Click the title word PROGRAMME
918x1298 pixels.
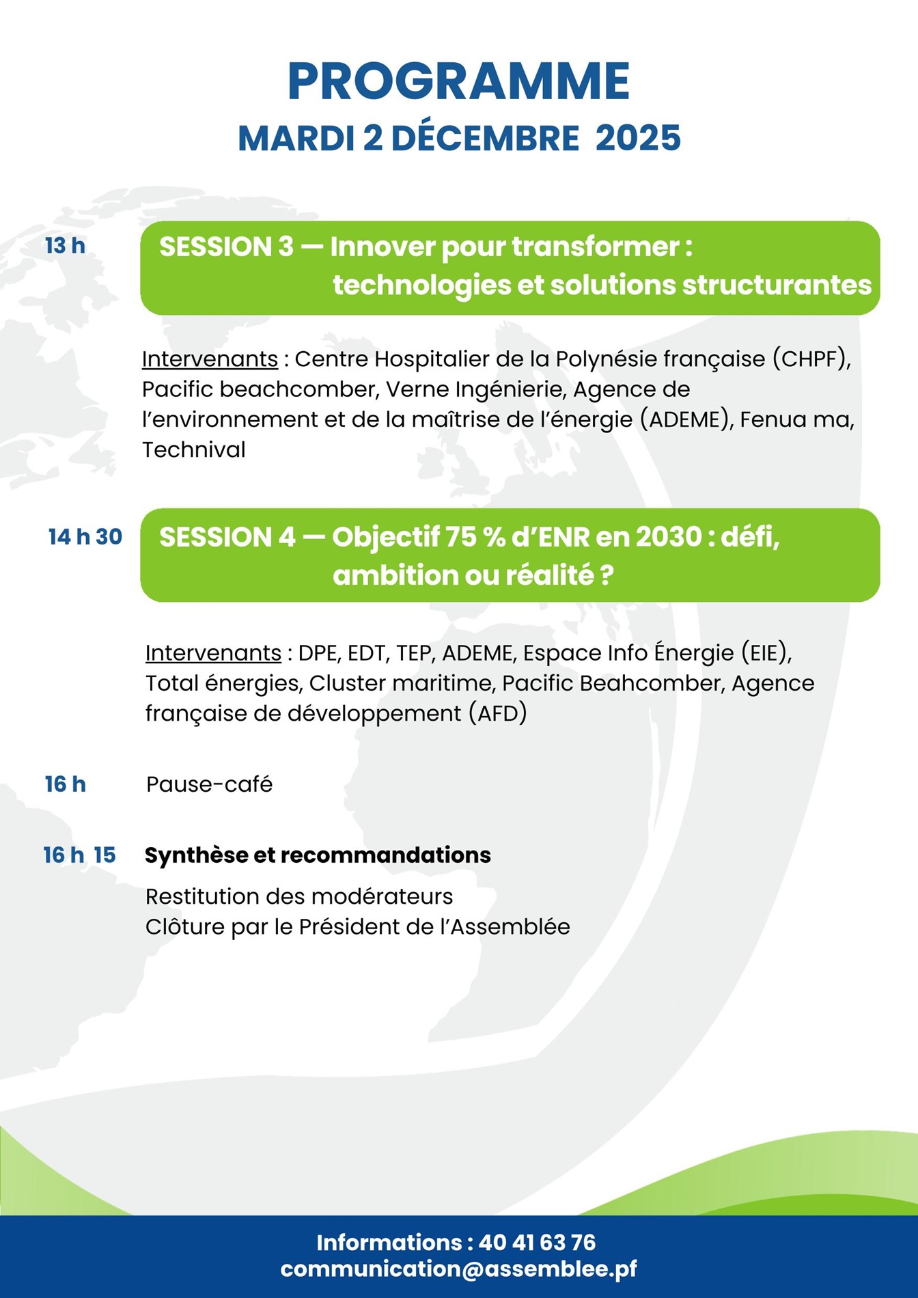tap(458, 82)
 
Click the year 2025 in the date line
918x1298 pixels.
tap(638, 138)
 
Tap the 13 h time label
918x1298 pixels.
tap(65, 246)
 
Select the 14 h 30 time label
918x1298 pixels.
tap(85, 537)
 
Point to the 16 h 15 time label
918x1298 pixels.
tap(80, 855)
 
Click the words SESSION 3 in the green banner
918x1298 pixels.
tap(226, 247)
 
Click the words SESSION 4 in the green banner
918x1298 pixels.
tap(227, 538)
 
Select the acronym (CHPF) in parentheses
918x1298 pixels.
tap(812, 359)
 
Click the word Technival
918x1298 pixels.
tap(194, 450)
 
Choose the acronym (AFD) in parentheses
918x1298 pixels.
tap(498, 714)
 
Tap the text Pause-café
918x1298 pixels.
tap(210, 784)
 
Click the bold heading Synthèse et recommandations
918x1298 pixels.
tap(318, 855)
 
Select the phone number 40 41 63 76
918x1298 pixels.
tap(538, 1243)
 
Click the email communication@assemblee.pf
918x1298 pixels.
tap(458, 1269)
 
